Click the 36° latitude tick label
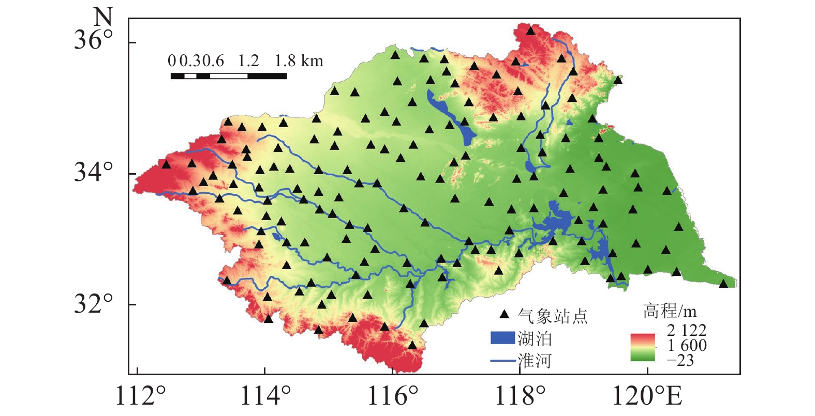tap(93, 40)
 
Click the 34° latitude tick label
tap(93, 172)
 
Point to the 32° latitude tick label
tap(93, 304)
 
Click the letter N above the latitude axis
tap(102, 17)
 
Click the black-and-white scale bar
tap(228, 76)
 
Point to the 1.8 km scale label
tap(299, 61)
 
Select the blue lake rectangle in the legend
tap(502, 338)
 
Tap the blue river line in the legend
tap(502, 360)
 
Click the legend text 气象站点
tap(553, 315)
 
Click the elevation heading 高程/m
tap(670, 311)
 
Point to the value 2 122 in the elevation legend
tap(686, 330)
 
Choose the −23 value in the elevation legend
tap(680, 360)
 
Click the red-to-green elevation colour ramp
tap(642, 347)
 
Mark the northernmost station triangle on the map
tap(530, 30)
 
